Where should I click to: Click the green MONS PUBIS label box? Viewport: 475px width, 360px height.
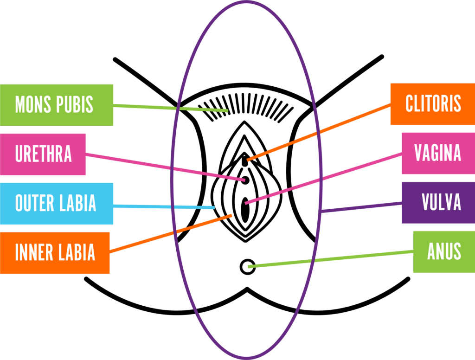tap(57, 105)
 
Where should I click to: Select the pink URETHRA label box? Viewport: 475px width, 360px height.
tap(43, 154)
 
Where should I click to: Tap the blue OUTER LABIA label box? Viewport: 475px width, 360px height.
tap(57, 204)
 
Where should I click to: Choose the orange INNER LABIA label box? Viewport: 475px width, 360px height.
tap(55, 253)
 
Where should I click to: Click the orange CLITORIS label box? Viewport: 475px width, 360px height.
tap(432, 104)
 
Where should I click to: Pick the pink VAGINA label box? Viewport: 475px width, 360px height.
tap(438, 153)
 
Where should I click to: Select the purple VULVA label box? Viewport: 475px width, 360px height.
tap(438, 203)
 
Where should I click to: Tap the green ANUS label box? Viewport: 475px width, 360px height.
tap(443, 251)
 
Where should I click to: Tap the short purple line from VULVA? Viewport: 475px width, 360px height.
tap(362, 207)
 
